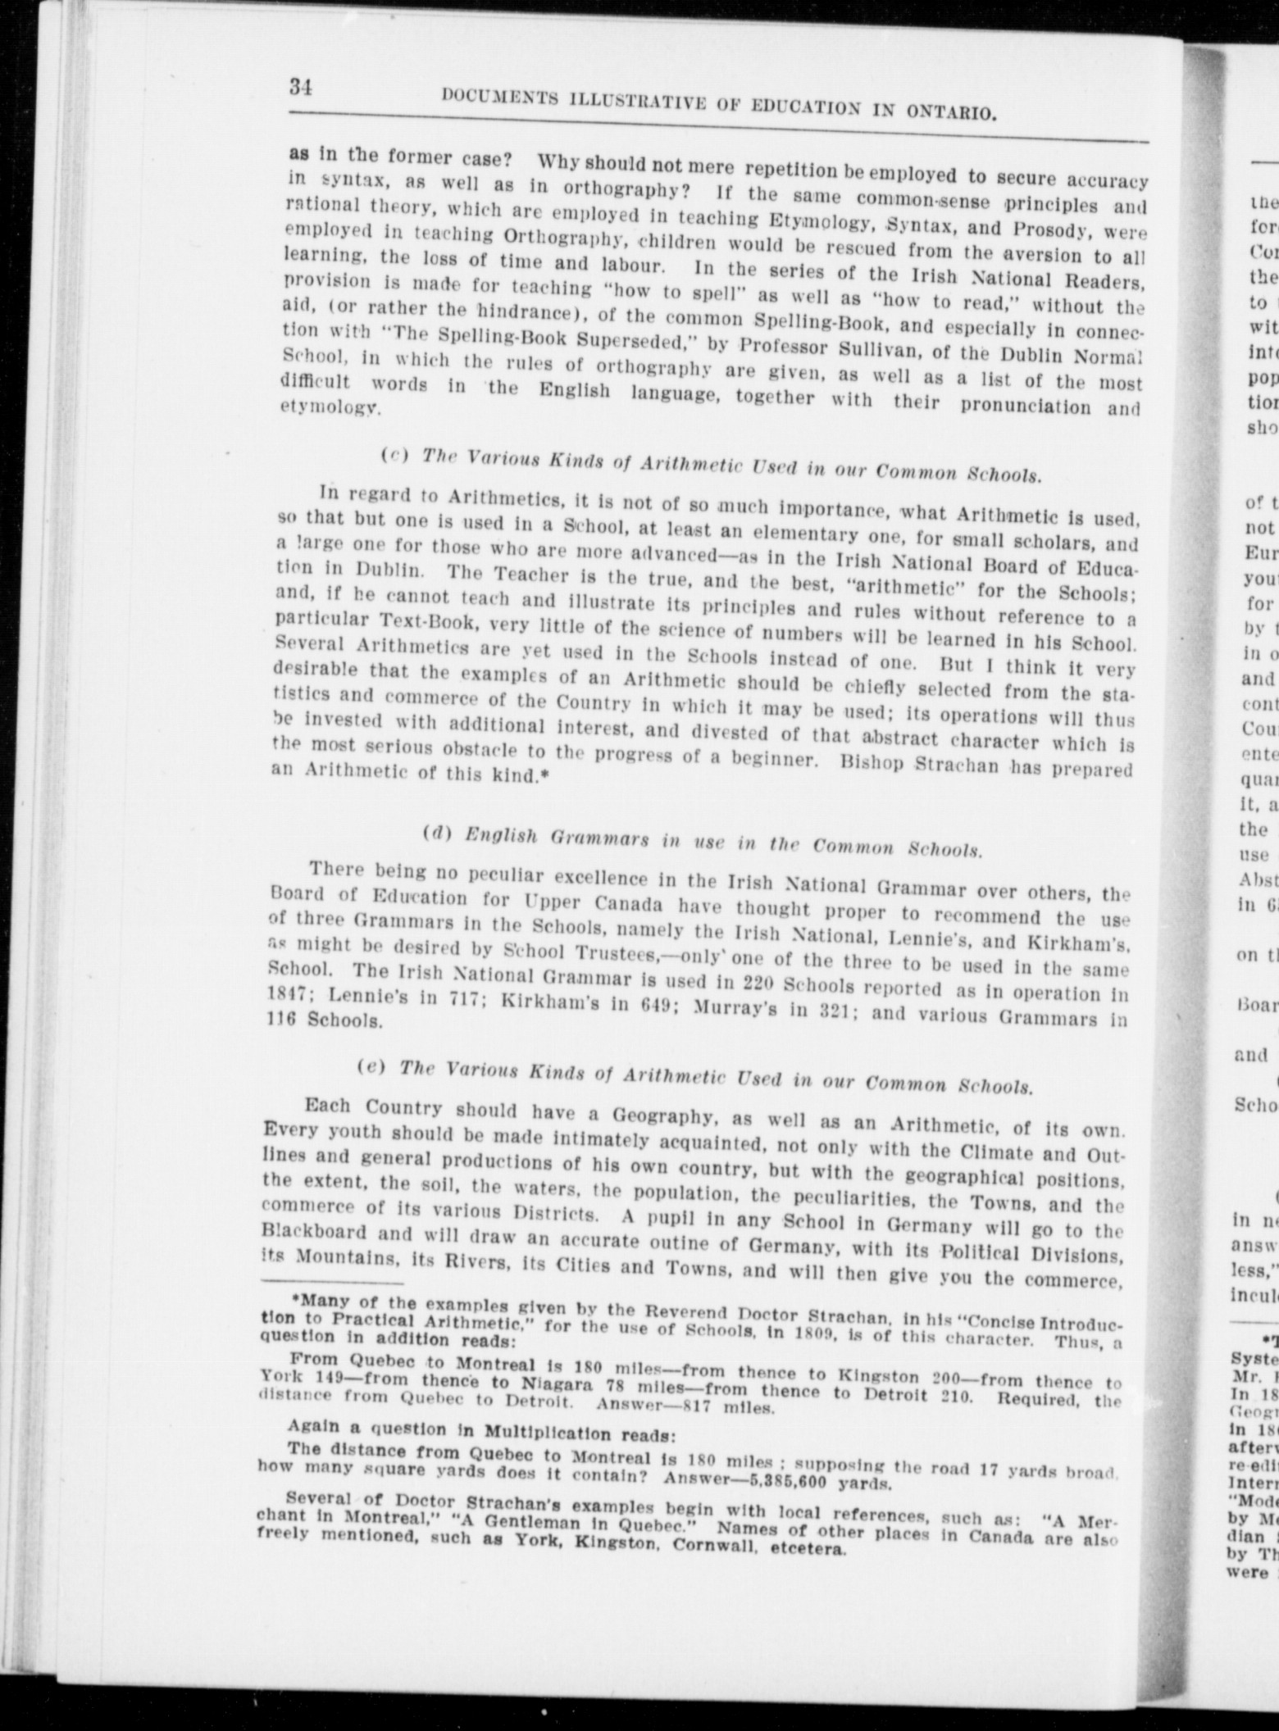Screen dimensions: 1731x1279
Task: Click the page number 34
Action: (x=300, y=88)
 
